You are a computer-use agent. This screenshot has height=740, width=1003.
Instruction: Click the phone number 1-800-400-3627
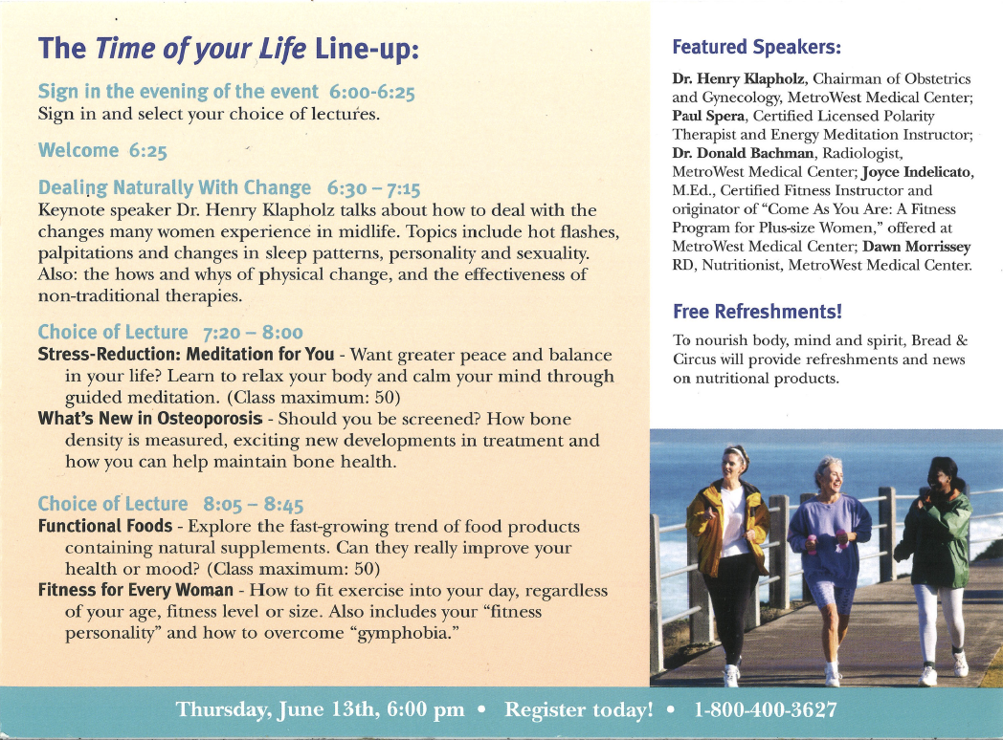765,709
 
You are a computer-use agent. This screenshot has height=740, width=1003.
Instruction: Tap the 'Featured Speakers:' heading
757,47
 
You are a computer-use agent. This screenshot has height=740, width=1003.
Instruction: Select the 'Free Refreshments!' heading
757,312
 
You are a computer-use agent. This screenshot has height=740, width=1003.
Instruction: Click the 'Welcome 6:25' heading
102,151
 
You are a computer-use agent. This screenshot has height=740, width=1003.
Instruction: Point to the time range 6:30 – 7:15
373,188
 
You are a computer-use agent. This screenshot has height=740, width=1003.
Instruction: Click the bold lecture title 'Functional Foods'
105,526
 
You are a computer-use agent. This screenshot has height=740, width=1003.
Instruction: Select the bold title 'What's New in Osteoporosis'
150,419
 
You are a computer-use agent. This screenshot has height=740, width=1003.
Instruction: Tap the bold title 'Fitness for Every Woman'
136,589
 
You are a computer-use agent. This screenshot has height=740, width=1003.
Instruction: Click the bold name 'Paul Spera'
708,117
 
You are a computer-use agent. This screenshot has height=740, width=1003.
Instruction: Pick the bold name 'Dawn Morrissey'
917,247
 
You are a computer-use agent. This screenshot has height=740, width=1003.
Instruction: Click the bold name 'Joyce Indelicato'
916,172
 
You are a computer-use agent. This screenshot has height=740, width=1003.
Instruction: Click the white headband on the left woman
736,452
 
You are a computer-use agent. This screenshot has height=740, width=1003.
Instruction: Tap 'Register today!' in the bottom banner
579,710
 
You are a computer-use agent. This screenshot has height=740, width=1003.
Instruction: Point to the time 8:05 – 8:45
254,505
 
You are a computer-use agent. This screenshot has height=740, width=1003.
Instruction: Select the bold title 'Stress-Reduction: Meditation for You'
186,354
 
